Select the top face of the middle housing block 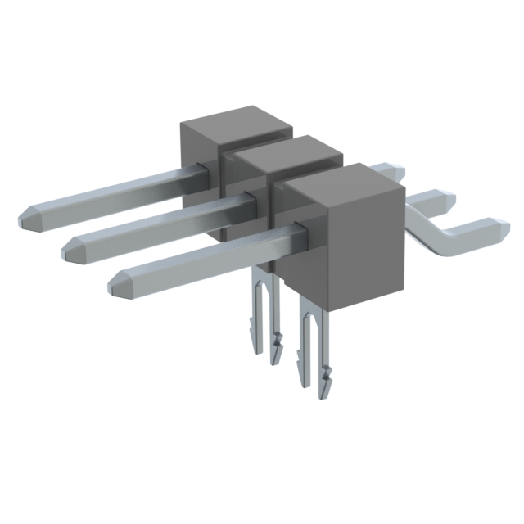287,149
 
